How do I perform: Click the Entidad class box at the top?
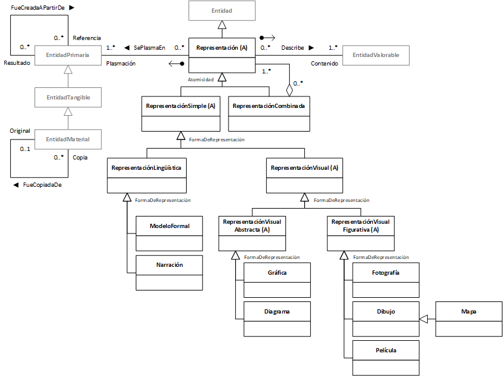click(222, 10)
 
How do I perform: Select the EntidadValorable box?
click(376, 55)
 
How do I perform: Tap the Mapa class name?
click(468, 312)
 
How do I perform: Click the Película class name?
click(386, 351)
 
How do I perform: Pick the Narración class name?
click(169, 265)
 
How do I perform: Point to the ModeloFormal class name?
click(169, 226)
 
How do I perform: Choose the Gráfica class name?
click(277, 273)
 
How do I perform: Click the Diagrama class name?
click(277, 312)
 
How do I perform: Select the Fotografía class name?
click(385, 273)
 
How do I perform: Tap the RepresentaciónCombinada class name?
click(269, 106)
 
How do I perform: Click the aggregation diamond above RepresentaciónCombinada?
click(289, 90)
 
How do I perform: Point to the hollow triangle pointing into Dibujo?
click(424, 319)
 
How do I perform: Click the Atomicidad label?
click(201, 79)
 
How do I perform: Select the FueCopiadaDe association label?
click(42, 185)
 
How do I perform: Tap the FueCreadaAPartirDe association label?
click(38, 8)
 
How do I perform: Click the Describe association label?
click(293, 48)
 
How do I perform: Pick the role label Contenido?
click(324, 64)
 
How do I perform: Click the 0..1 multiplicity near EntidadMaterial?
click(25, 149)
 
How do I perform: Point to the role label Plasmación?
click(121, 64)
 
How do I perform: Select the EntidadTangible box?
click(68, 97)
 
